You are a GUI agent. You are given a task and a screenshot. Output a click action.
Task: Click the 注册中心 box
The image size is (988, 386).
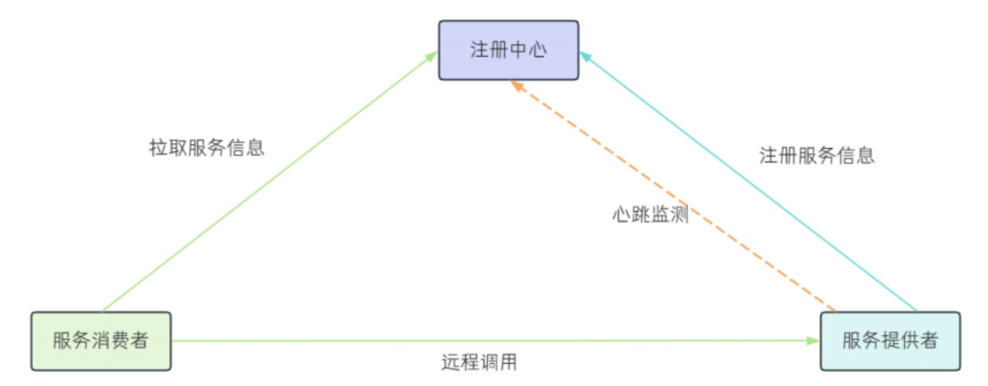pos(508,50)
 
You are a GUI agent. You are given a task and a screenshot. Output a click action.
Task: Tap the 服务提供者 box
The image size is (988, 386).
pos(890,341)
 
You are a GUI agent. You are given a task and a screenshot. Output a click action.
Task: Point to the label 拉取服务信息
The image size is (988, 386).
pos(206,149)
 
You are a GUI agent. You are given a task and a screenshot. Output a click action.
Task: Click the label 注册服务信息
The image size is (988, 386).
pos(816,155)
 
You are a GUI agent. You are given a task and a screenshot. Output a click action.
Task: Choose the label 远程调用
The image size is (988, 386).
pos(479,361)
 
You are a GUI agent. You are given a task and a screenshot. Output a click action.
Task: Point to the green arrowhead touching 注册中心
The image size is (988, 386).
pos(433,55)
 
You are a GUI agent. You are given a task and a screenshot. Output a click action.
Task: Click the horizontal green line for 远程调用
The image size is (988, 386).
pos(493,340)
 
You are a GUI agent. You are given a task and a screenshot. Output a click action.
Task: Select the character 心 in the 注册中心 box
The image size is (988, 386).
pos(538,51)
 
